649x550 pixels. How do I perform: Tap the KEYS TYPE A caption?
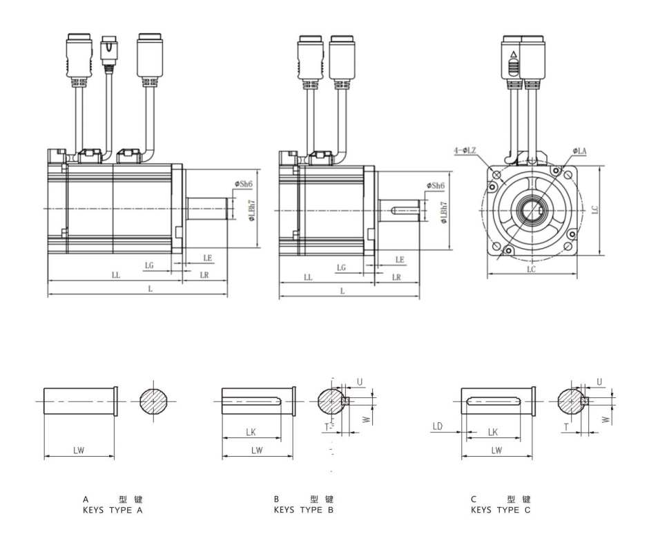coord(113,510)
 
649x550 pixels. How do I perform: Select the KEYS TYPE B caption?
coord(304,510)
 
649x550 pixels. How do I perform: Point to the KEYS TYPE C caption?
coord(501,510)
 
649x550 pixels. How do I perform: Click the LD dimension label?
coord(437,427)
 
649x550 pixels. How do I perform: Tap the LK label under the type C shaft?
coord(494,432)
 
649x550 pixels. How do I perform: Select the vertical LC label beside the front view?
coord(595,209)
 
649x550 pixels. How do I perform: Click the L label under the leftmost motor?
coord(151,288)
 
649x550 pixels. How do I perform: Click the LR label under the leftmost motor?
coord(204,275)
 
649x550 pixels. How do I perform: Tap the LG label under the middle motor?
coord(340,266)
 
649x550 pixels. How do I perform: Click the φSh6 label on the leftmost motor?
coord(243,184)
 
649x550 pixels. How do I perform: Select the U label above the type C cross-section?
coord(599,381)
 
